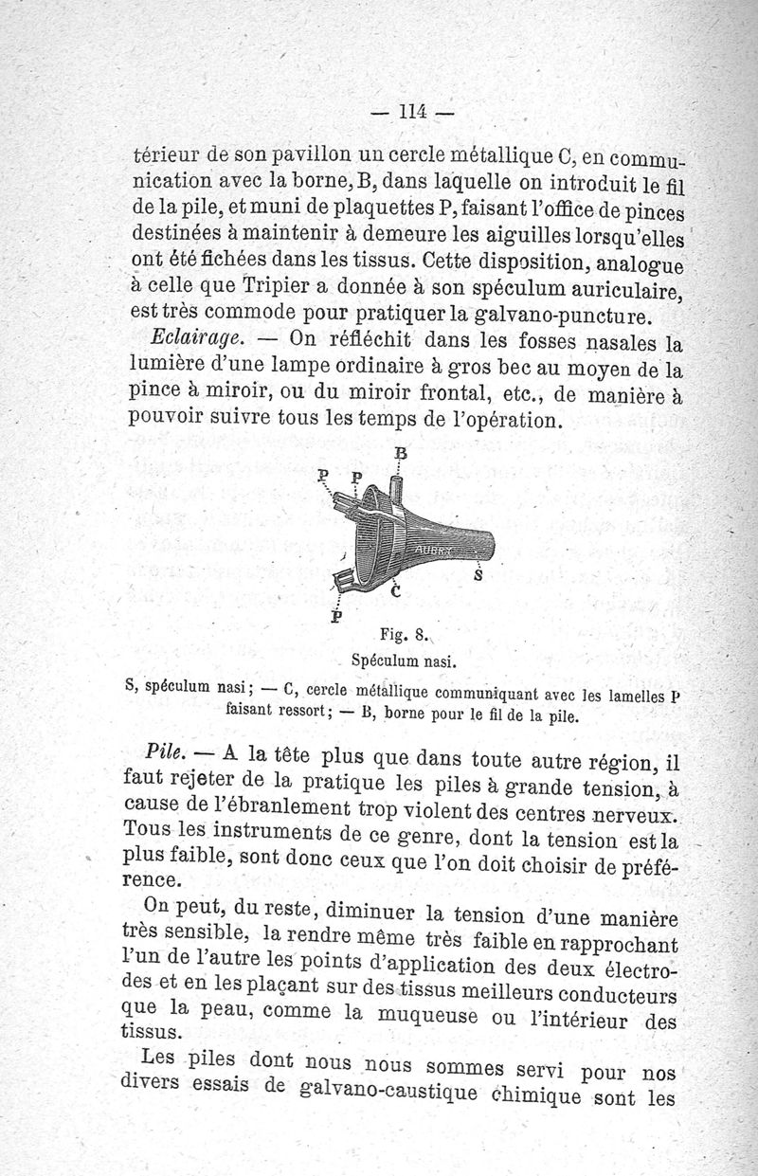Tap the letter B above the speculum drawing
(400, 454)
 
